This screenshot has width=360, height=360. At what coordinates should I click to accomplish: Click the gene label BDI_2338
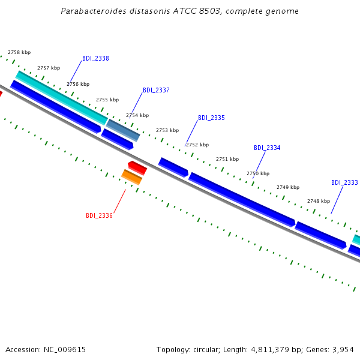click(x=95, y=58)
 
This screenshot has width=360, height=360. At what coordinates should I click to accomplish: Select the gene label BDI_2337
click(x=156, y=90)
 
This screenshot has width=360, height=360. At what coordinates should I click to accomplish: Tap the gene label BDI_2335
click(x=211, y=118)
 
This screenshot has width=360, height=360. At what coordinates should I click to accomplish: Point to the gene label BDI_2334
click(x=267, y=148)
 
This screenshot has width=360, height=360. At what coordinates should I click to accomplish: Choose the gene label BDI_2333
click(x=344, y=182)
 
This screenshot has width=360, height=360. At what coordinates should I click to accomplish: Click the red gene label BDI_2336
click(x=99, y=215)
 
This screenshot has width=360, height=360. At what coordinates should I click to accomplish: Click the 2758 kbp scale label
click(x=19, y=52)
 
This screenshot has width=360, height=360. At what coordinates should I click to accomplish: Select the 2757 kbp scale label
click(x=49, y=68)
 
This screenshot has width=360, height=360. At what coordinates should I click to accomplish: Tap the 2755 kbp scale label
click(x=107, y=100)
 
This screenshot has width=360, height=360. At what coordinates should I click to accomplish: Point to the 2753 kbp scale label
click(x=167, y=130)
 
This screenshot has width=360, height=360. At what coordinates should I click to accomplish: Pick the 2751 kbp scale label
click(x=227, y=159)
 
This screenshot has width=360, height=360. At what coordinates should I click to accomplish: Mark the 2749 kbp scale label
click(x=288, y=187)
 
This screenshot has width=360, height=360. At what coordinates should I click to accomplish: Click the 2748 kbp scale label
click(x=319, y=201)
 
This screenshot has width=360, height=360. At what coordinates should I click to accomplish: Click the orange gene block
click(x=132, y=177)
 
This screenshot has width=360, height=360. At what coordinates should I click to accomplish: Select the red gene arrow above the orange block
click(x=137, y=168)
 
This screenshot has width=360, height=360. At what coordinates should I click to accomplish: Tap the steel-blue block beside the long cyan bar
click(x=123, y=130)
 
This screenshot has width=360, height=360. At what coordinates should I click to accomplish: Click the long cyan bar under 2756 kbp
click(x=62, y=98)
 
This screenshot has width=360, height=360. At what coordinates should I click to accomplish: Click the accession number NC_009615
click(x=65, y=350)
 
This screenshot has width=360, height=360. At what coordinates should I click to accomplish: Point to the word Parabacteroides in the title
click(x=94, y=11)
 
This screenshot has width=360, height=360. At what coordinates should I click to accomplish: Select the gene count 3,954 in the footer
click(x=343, y=350)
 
